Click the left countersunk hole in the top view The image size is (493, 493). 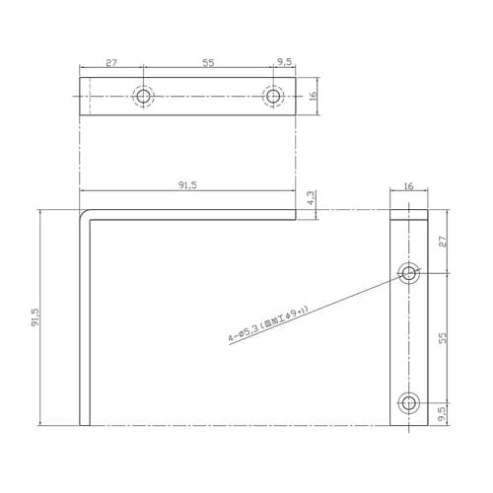pos(144,96)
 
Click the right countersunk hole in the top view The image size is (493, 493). pos(273,96)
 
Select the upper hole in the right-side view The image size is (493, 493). pos(409,272)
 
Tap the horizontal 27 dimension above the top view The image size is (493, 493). pos(111,62)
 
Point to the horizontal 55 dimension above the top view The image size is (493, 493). pos(209,62)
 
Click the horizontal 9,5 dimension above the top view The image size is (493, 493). pos(285,62)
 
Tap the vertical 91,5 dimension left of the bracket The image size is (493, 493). pos(35,317)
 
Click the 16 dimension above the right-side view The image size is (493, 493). pos(409,183)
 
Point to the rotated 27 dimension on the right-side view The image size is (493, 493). pos(443,241)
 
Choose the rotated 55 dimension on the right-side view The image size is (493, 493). pos(443,336)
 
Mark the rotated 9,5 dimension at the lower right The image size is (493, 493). pos(443,413)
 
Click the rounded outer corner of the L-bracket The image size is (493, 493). pos(82,213)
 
